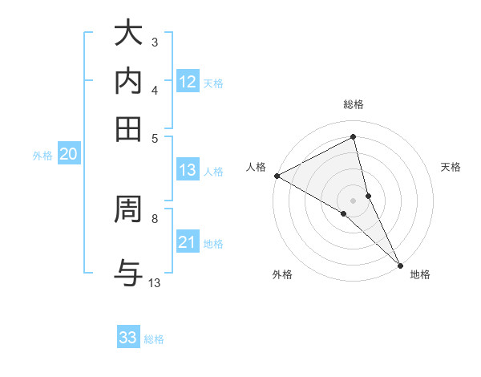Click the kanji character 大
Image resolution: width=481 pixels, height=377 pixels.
(x=128, y=34)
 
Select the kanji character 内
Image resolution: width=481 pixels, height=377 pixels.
(x=128, y=82)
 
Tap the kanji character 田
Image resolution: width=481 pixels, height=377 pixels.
(x=128, y=128)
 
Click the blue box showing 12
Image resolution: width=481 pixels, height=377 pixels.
(x=188, y=82)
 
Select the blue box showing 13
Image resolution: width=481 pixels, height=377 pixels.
(x=188, y=170)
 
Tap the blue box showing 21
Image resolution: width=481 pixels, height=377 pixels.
(x=188, y=242)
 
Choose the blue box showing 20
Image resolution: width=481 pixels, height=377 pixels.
(x=68, y=155)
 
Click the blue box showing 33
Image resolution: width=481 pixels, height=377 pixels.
(x=128, y=338)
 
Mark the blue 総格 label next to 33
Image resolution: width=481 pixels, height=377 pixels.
(x=154, y=339)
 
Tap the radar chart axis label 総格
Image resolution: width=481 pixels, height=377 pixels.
(x=354, y=104)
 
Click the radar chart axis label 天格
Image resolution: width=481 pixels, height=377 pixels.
(x=451, y=167)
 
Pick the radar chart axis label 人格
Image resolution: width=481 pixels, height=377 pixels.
(x=256, y=167)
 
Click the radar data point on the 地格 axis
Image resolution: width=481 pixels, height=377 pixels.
(x=401, y=265)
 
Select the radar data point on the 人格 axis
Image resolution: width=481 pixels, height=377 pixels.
(x=277, y=175)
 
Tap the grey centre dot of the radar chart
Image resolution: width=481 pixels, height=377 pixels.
(x=354, y=200)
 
